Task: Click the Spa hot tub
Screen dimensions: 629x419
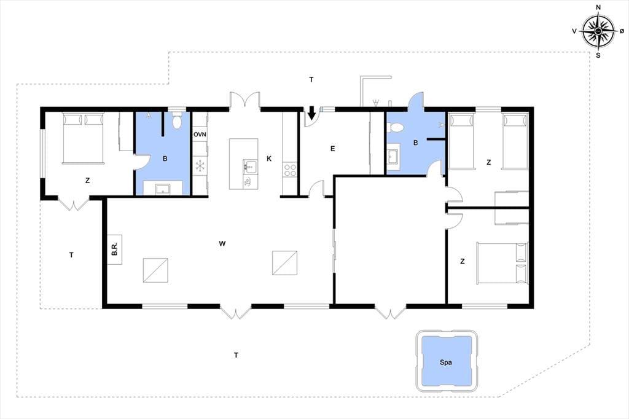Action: click(447, 361)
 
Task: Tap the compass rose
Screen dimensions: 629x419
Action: click(598, 31)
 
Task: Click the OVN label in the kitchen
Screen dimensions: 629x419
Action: click(200, 134)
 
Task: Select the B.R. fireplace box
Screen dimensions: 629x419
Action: click(115, 249)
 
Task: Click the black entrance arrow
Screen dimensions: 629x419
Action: click(311, 113)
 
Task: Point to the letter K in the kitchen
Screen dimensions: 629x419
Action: click(269, 159)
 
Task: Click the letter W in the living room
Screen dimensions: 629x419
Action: click(222, 243)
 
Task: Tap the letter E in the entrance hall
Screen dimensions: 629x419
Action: click(332, 149)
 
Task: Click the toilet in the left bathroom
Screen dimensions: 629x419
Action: click(176, 120)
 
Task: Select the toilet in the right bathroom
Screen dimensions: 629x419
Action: click(396, 128)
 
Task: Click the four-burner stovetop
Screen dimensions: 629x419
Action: click(290, 170)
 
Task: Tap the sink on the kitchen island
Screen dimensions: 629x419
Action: click(250, 165)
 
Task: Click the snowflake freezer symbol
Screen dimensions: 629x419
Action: click(200, 165)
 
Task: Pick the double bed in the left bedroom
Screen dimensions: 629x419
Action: click(83, 138)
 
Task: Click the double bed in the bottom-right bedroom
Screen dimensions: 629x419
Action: click(502, 263)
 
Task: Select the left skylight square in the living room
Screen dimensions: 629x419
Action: click(155, 270)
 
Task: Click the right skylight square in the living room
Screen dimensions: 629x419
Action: click(285, 263)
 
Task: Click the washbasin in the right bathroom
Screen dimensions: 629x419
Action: click(393, 156)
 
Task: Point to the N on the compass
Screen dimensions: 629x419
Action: click(598, 7)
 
